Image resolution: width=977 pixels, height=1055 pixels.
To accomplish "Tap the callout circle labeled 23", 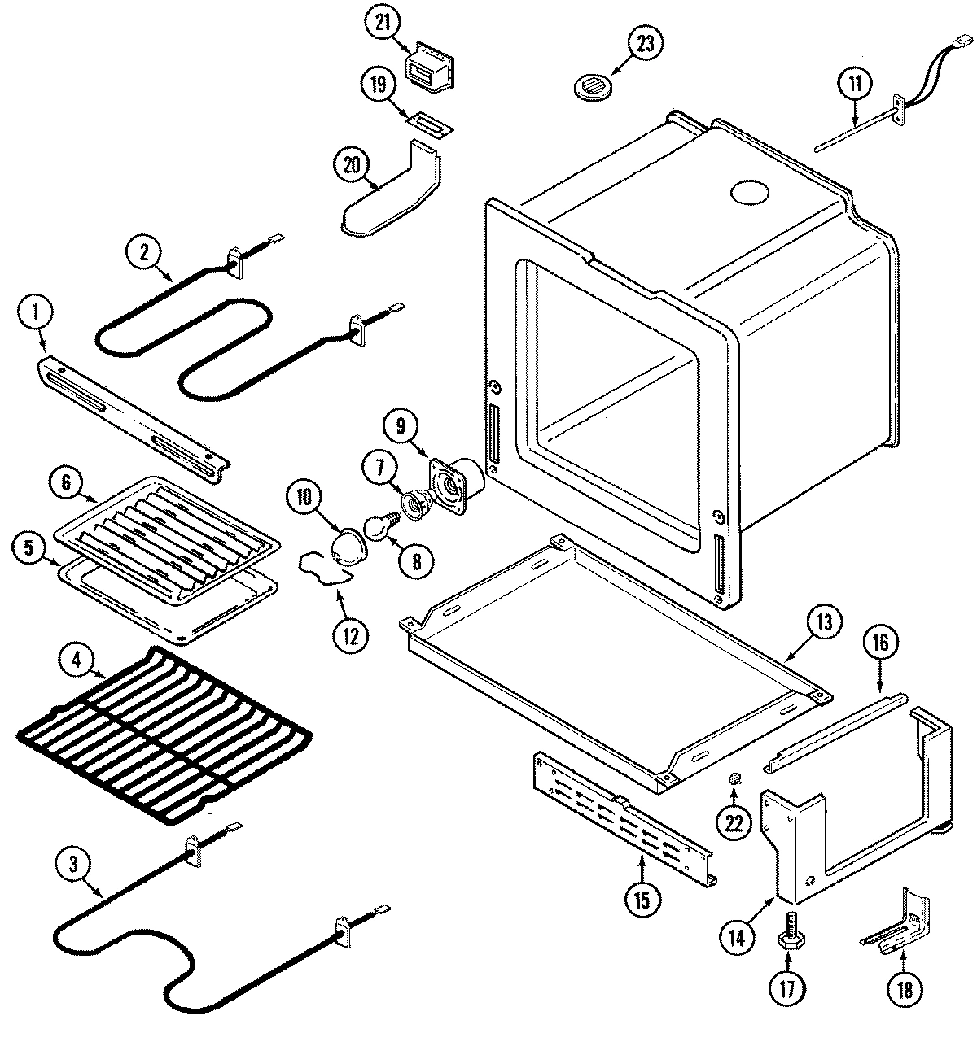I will [644, 45].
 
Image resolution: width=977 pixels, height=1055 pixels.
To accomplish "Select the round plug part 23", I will [592, 86].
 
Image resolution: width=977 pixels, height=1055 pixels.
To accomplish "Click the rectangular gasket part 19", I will [428, 124].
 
